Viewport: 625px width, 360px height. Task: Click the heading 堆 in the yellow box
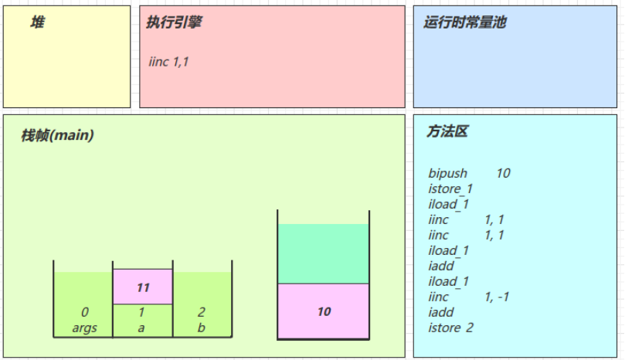click(x=37, y=22)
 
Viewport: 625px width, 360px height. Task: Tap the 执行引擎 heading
click(x=174, y=22)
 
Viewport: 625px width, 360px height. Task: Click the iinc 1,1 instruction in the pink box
click(x=168, y=62)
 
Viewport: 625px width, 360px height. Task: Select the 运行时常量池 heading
click(x=465, y=22)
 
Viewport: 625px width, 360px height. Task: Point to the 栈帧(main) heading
click(x=57, y=135)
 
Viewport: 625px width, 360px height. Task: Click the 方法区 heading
click(x=447, y=131)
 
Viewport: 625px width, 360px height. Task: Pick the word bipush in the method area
click(x=447, y=173)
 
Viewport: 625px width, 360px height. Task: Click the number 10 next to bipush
click(x=504, y=173)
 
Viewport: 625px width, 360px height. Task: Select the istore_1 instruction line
click(x=450, y=188)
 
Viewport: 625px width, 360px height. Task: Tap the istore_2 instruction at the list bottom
click(x=451, y=328)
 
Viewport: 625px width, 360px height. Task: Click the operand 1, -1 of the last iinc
click(x=497, y=297)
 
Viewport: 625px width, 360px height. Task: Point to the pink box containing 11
click(x=143, y=287)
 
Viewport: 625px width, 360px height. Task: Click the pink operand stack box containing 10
click(x=323, y=311)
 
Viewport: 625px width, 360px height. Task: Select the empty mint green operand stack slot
click(x=323, y=253)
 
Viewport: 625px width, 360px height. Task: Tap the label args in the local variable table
click(x=84, y=328)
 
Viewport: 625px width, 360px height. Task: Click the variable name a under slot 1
click(x=141, y=328)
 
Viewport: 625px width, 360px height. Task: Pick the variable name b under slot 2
click(x=202, y=328)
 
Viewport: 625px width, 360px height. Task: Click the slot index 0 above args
click(x=84, y=312)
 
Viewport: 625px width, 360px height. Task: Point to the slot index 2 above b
click(x=202, y=312)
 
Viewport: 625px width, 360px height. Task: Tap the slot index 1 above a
click(x=141, y=312)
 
